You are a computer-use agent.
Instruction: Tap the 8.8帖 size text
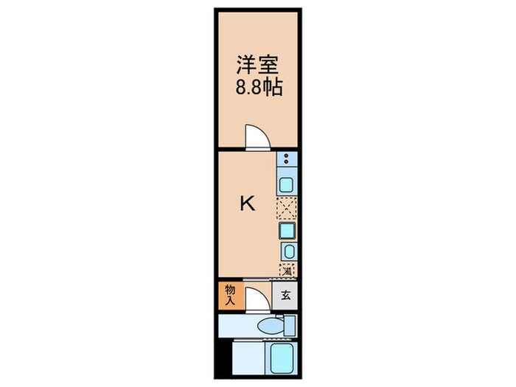(x=258, y=86)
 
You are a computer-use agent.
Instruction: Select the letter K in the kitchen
(x=248, y=204)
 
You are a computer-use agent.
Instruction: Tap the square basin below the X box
(x=286, y=231)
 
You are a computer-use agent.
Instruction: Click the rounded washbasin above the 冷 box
(x=287, y=252)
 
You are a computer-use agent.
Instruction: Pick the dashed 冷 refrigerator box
(x=286, y=271)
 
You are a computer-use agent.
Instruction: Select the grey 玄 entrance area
(x=285, y=296)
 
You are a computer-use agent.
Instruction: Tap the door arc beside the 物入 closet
(x=255, y=299)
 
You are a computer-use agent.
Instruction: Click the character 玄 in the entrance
(x=285, y=296)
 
